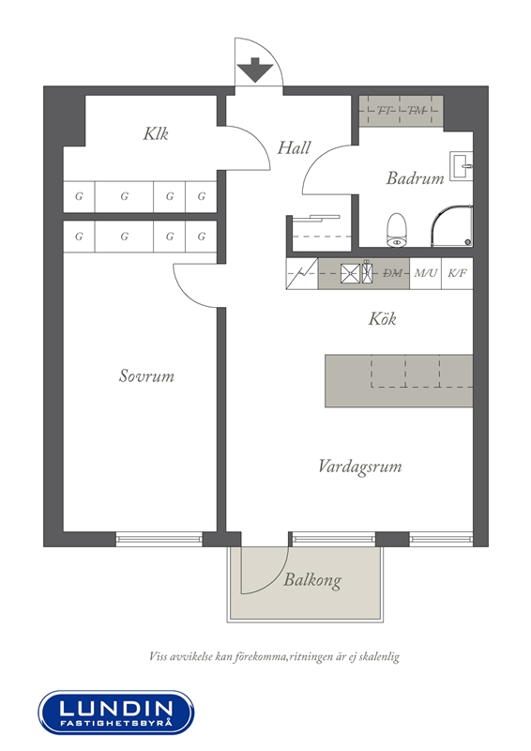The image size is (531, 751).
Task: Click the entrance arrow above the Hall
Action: tap(255, 69)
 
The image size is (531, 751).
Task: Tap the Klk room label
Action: tap(156, 133)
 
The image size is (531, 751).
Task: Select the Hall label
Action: tap(294, 147)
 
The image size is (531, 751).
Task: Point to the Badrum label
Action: tap(415, 178)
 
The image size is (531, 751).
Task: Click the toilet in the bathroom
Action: tap(397, 230)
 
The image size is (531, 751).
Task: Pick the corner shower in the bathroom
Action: tap(451, 225)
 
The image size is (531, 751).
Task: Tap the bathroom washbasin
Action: tap(461, 166)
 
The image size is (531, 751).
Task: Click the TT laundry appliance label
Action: tap(384, 111)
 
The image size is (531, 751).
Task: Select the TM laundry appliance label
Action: tap(417, 111)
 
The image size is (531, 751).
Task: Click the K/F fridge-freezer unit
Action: tap(457, 273)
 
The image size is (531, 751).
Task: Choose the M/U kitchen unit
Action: tap(426, 273)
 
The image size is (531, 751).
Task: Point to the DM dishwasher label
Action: tap(393, 273)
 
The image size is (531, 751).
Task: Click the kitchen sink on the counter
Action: tap(350, 273)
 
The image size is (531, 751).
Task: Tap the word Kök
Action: tap(382, 318)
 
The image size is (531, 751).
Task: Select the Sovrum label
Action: tap(146, 375)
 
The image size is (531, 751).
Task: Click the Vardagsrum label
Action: tap(360, 467)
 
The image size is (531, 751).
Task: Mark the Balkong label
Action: tap(312, 580)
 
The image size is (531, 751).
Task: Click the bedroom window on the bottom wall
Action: tap(159, 539)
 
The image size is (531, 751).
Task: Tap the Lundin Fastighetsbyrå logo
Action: tap(116, 713)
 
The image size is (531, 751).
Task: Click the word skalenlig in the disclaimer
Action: tap(381, 656)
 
